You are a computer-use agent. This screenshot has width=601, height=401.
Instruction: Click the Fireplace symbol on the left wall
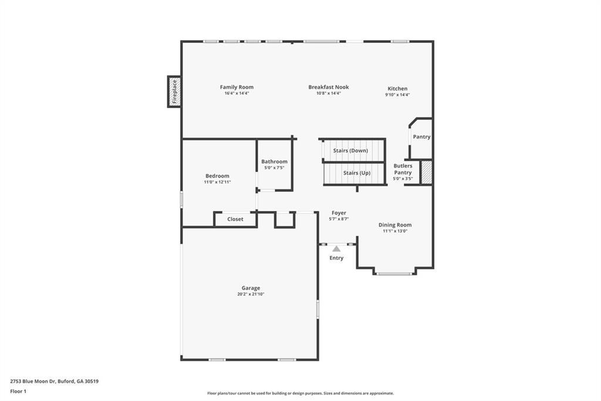(174, 92)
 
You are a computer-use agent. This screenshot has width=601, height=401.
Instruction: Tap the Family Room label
(237, 87)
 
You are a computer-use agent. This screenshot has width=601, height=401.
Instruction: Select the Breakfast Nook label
(329, 87)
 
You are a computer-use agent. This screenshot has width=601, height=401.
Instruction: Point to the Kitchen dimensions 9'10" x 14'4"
(397, 95)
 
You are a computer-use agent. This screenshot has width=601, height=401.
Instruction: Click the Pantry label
(421, 136)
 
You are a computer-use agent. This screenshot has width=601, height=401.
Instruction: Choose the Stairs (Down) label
(350, 151)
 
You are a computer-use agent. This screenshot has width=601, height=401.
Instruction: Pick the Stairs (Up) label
(357, 173)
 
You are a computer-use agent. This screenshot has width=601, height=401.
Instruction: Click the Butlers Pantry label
(403, 169)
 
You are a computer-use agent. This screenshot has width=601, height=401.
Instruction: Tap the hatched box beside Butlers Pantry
(427, 172)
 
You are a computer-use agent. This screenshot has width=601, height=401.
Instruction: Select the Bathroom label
(274, 162)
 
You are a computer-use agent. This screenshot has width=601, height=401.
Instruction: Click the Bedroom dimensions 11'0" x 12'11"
(217, 182)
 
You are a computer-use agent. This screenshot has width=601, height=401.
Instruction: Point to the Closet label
(235, 219)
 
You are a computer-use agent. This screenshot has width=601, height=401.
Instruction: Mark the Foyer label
(339, 213)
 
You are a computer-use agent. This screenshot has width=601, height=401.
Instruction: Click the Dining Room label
(395, 225)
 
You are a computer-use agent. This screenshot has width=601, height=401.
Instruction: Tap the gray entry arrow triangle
(336, 249)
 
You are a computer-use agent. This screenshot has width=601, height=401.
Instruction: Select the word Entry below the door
(336, 258)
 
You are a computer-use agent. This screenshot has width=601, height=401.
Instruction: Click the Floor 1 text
(18, 391)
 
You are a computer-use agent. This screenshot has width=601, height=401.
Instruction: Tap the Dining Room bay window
(394, 273)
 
